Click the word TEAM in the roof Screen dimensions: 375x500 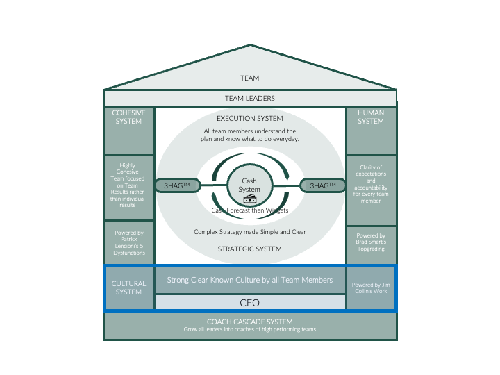pos(250,78)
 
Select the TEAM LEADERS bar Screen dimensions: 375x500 pos(250,99)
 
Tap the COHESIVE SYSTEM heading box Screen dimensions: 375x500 pos(128,131)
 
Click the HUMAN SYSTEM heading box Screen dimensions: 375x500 pos(371,131)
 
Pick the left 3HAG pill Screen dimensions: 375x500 pos(177,185)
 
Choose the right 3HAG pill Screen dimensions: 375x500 pos(322,185)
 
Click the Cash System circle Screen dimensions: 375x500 pos(249,185)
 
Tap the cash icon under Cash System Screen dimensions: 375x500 pos(249,200)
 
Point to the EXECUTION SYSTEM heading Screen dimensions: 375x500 pos(250,119)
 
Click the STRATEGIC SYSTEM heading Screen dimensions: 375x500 pos(250,249)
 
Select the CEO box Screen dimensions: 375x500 pos(250,302)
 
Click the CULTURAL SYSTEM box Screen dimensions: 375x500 pos(128,287)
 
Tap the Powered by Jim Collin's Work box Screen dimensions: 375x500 pos(371,287)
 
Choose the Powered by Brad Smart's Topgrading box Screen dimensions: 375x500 pos(371,244)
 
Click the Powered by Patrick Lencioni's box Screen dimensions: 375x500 pos(128,243)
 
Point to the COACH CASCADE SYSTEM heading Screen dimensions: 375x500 pos(250,322)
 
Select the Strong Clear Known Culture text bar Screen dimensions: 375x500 pos(250,280)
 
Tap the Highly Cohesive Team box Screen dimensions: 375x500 pos(128,186)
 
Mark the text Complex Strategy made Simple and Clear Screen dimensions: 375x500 pos(250,231)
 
